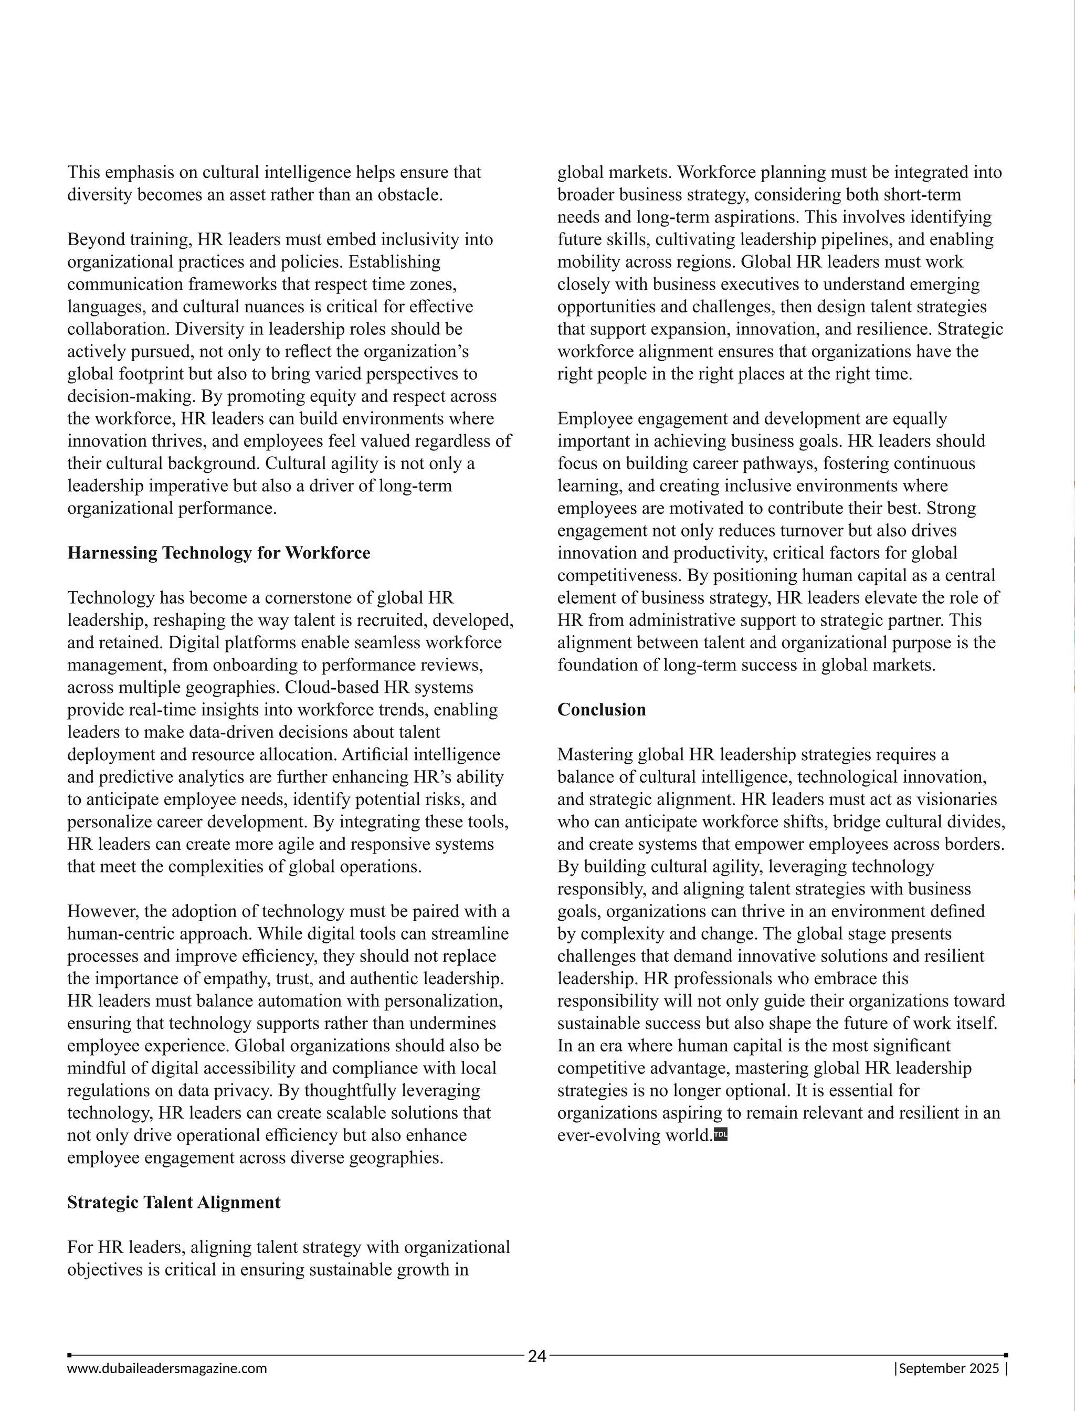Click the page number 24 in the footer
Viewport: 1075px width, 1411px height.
537,1356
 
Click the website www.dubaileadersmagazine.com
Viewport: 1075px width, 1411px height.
167,1369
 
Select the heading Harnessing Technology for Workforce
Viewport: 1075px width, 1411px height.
219,553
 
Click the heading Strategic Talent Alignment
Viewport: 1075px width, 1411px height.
174,1203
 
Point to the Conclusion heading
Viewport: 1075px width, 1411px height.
602,710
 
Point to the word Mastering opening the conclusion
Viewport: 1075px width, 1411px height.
595,754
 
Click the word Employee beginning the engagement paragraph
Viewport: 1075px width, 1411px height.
594,418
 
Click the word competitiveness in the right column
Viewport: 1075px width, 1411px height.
620,575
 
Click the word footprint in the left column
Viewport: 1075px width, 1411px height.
155,374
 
